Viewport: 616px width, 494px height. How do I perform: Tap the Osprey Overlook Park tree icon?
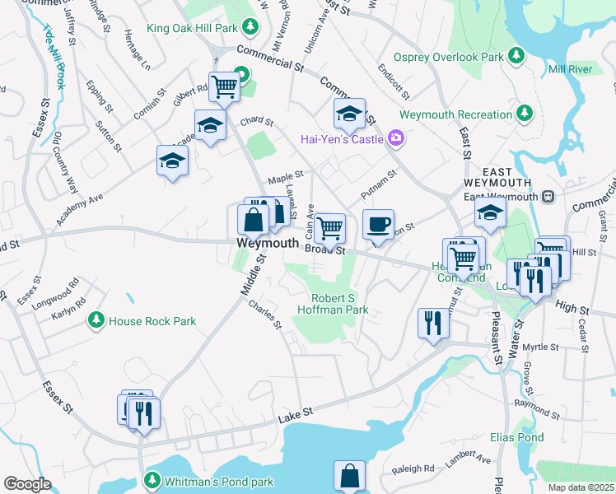tap(516, 56)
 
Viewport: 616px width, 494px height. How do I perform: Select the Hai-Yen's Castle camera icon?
tap(397, 138)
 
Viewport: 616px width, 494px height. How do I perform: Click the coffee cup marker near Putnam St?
tap(378, 224)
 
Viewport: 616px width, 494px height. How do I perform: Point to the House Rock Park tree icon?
tap(96, 320)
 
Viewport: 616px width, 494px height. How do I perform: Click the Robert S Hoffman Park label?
tap(339, 304)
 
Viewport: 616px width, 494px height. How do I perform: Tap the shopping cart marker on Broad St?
tap(329, 228)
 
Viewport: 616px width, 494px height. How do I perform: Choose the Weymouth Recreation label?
tap(455, 114)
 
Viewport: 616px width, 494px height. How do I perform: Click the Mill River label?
tap(569, 70)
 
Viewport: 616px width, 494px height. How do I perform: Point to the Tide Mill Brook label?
tap(54, 58)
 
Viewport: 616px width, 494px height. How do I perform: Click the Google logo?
tap(27, 484)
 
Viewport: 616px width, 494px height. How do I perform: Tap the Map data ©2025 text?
tap(580, 487)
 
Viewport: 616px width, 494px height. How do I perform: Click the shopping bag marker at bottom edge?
tap(349, 476)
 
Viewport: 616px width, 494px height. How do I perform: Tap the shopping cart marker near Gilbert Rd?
tap(224, 86)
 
